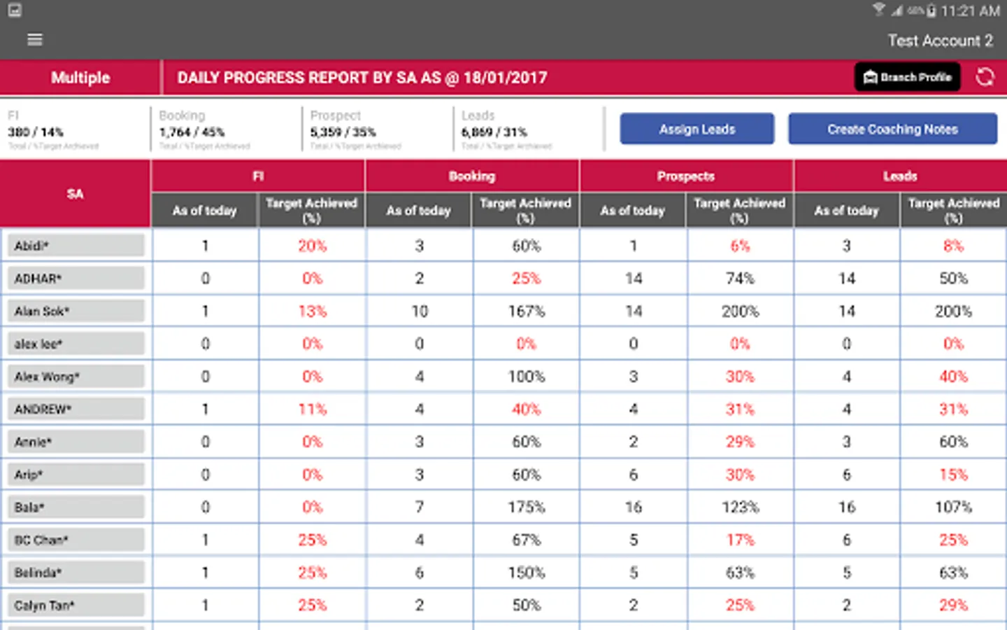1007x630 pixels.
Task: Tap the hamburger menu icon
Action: pyautogui.click(x=34, y=40)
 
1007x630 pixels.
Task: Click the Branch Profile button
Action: pyautogui.click(x=907, y=77)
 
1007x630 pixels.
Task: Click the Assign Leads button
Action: pyautogui.click(x=697, y=129)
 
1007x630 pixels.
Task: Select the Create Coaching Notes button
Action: pyautogui.click(x=892, y=129)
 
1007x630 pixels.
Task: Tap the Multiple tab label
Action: pyautogui.click(x=80, y=78)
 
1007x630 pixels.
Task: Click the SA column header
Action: pyautogui.click(x=75, y=194)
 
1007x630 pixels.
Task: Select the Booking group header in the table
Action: pyautogui.click(x=472, y=176)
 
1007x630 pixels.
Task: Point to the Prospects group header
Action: pyautogui.click(x=685, y=176)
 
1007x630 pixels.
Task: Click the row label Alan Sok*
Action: pyautogui.click(x=76, y=311)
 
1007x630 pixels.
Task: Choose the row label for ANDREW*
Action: pyautogui.click(x=76, y=409)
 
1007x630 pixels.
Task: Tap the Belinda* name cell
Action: pyautogui.click(x=76, y=573)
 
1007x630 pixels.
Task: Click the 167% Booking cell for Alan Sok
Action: pyautogui.click(x=526, y=311)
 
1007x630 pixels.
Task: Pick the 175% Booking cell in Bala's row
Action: pyautogui.click(x=526, y=507)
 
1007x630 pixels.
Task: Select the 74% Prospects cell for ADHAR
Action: pyautogui.click(x=740, y=279)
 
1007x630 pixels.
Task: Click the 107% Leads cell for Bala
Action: pyautogui.click(x=953, y=507)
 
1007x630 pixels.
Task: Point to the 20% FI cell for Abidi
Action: pyautogui.click(x=312, y=246)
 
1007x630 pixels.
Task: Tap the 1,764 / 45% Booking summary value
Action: pyautogui.click(x=192, y=132)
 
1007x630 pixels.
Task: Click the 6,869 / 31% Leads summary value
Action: pyautogui.click(x=494, y=132)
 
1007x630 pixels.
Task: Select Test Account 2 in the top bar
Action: pyautogui.click(x=940, y=41)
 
